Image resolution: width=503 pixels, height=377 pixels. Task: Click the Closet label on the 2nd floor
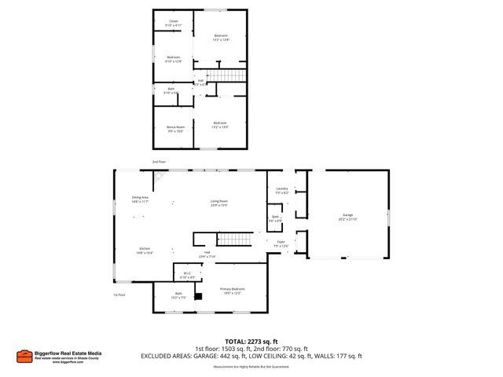(173, 22)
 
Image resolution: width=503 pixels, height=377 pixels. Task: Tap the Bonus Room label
(174, 126)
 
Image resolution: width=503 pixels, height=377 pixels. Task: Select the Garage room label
(347, 214)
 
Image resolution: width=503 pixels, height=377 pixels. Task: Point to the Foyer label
(281, 242)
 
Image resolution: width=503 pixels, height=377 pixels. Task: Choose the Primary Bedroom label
(231, 289)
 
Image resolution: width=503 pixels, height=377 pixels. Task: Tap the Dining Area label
(141, 197)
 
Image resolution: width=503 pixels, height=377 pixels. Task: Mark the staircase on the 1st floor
(233, 239)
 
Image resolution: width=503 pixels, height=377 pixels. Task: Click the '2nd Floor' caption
(160, 162)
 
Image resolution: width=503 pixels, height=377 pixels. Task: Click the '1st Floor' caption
(119, 295)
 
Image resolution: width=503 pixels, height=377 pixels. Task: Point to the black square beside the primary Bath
(199, 296)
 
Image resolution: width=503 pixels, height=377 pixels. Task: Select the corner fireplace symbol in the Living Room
(158, 178)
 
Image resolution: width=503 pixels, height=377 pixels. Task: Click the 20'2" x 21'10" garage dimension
(347, 219)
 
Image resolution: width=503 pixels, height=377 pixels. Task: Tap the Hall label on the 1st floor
(207, 252)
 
